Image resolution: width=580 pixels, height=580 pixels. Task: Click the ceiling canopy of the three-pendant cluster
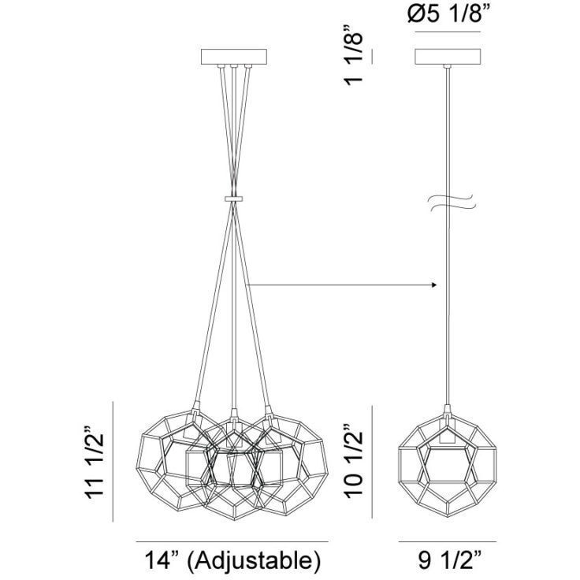[235, 58]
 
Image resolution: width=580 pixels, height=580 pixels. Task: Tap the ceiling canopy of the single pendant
[447, 58]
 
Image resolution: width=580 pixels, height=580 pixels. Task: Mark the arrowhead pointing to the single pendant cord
[433, 284]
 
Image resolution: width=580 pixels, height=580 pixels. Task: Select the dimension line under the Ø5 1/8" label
[447, 33]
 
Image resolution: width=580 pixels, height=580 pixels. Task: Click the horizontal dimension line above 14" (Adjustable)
[232, 541]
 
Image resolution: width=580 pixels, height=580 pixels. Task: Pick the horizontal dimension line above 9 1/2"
[447, 541]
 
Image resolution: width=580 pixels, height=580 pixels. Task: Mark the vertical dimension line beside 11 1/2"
[115, 461]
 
